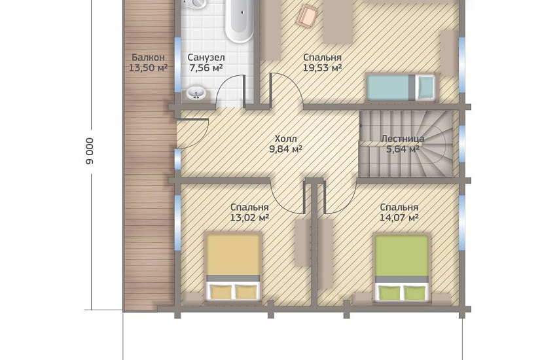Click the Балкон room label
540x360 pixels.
(148, 57)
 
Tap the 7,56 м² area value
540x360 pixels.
(206, 67)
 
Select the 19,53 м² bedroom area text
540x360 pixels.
(322, 67)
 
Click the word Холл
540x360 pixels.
(285, 139)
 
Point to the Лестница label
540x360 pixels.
(403, 139)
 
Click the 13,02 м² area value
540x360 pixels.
(249, 218)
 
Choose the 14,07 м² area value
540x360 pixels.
(399, 218)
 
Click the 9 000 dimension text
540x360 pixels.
(90, 151)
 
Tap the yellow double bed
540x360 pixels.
(233, 267)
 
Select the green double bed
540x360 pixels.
(401, 268)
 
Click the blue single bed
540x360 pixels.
(401, 88)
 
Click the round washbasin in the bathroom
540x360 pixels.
(196, 93)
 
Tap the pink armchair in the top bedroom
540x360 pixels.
(307, 16)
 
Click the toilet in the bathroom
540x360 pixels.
(194, 3)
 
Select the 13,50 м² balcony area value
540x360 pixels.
(148, 67)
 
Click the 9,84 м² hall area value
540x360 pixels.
(285, 149)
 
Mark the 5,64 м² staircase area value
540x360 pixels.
(403, 149)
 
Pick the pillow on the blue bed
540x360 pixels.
(426, 88)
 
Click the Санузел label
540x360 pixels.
(206, 57)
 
